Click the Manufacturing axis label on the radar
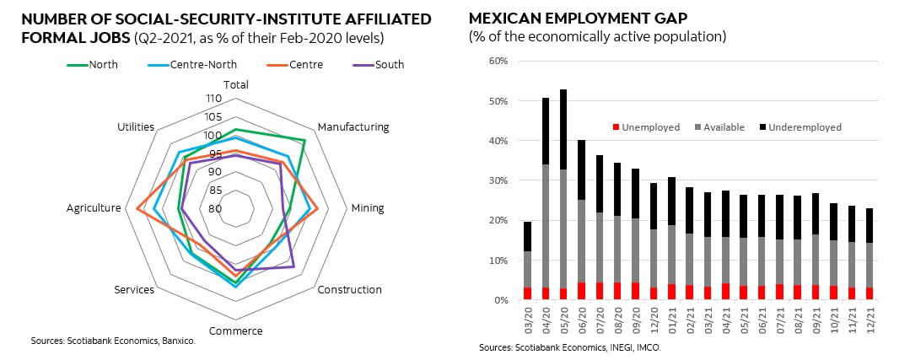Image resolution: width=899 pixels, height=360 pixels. point(353,127)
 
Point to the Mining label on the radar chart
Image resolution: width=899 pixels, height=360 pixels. point(367,208)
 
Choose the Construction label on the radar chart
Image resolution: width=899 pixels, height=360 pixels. point(349,290)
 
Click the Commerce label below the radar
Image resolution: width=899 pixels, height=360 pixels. point(235,330)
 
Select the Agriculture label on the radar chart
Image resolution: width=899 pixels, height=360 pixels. point(94,208)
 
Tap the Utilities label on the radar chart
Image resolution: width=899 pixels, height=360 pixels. point(136,127)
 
